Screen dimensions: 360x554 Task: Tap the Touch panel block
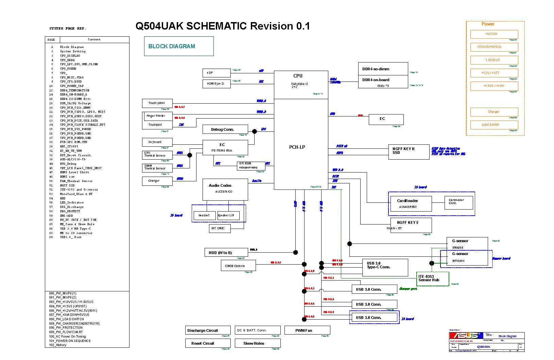coord(157,103)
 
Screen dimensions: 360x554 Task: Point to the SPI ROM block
coord(251,166)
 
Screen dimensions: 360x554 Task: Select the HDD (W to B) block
coord(226,252)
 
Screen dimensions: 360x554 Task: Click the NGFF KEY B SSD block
coord(409,151)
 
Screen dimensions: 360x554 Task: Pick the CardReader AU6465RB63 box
coord(411,204)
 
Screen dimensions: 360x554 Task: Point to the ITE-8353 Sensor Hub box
coord(433,278)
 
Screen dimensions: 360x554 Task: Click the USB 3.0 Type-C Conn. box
coord(385,268)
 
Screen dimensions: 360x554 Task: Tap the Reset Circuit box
coord(208,343)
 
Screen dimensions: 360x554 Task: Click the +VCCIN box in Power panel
coord(494,34)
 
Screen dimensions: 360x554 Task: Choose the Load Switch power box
coord(494,125)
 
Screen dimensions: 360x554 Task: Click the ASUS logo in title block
coord(465,336)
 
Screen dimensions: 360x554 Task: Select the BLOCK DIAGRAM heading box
coord(179,46)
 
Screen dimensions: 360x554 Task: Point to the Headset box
coord(204,215)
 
